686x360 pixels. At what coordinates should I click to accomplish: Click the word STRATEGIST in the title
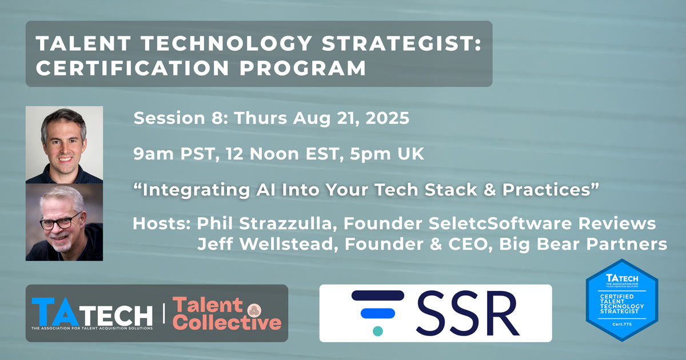[x=402, y=43]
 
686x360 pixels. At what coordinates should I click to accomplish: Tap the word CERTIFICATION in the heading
[x=133, y=67]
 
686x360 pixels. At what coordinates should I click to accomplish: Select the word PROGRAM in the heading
[x=303, y=67]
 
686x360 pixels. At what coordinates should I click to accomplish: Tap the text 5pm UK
[x=387, y=154]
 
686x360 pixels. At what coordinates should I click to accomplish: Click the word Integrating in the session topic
[x=196, y=190]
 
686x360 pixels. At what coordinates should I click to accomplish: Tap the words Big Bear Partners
[x=583, y=245]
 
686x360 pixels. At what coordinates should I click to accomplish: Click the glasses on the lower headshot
[x=61, y=222]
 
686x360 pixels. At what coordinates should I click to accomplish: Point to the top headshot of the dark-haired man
[x=64, y=145]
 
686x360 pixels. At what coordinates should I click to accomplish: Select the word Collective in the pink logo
[x=228, y=322]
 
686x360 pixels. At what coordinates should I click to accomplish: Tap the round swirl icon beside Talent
[x=254, y=310]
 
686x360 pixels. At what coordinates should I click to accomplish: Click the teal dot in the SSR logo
[x=378, y=331]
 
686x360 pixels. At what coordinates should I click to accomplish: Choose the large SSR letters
[x=468, y=313]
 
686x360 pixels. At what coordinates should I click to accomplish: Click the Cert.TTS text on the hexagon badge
[x=622, y=324]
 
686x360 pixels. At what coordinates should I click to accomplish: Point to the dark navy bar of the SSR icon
[x=378, y=295]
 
